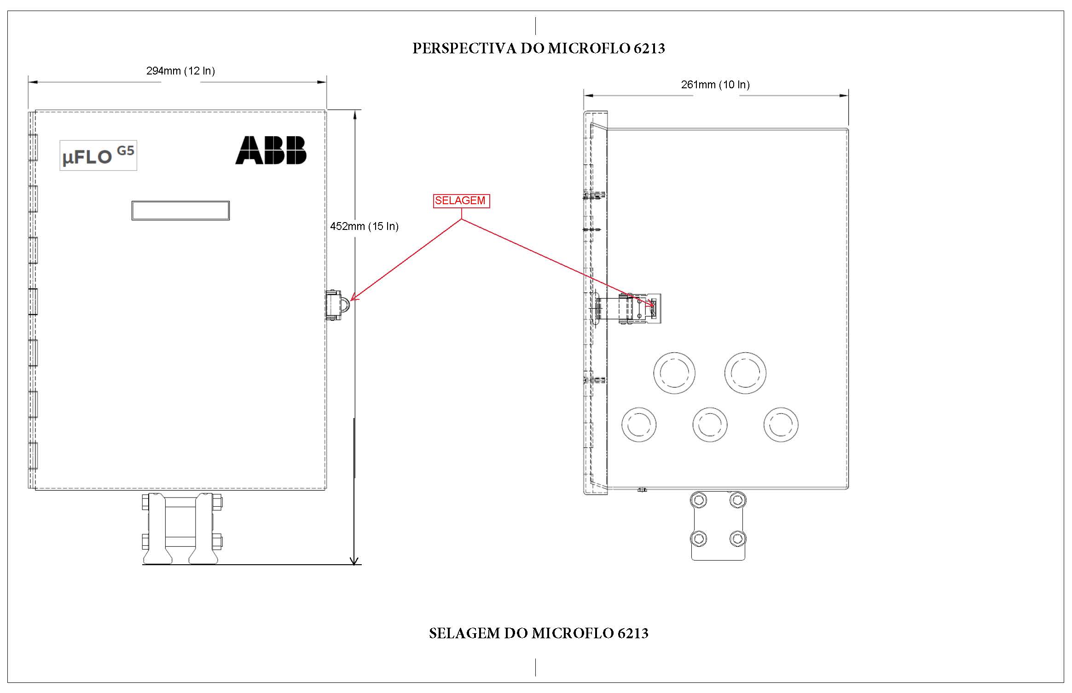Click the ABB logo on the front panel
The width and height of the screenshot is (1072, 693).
click(x=271, y=150)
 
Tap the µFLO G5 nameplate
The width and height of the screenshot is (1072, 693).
click(x=98, y=155)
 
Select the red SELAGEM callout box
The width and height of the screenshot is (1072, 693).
click(x=461, y=201)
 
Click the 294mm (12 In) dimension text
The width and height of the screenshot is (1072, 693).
click(x=180, y=71)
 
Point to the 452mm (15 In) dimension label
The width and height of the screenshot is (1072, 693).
click(x=364, y=226)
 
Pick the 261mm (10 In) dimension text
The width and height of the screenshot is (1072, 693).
click(x=715, y=85)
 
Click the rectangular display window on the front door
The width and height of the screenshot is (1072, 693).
click(x=180, y=211)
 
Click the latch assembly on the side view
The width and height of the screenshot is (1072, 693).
click(x=628, y=309)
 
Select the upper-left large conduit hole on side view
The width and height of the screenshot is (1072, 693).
click(x=674, y=373)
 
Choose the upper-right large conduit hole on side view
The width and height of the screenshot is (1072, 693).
click(x=745, y=373)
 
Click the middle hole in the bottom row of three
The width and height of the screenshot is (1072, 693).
click(x=710, y=424)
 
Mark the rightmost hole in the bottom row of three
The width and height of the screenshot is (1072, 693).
click(x=781, y=424)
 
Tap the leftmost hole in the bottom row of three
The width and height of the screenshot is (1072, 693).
click(x=639, y=424)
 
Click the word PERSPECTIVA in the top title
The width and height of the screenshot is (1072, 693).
click(x=464, y=48)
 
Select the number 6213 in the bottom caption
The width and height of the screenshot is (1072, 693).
click(x=633, y=633)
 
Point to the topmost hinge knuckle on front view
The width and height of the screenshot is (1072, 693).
click(x=33, y=147)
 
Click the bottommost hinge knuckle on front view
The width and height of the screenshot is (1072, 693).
click(x=33, y=455)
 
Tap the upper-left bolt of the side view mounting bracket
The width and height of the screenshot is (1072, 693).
click(x=699, y=500)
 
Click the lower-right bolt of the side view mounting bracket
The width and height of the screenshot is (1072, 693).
click(x=737, y=538)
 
